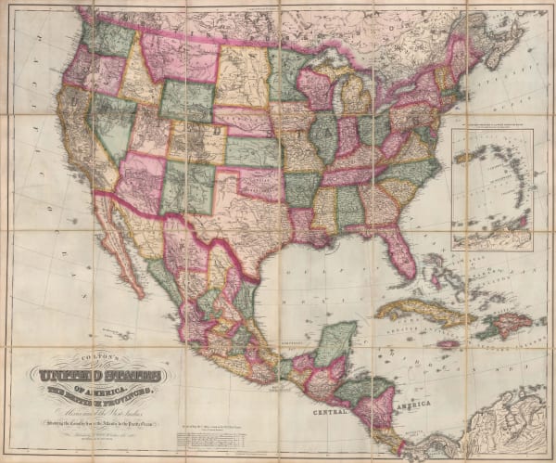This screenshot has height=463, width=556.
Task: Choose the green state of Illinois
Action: coord(323,135)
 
